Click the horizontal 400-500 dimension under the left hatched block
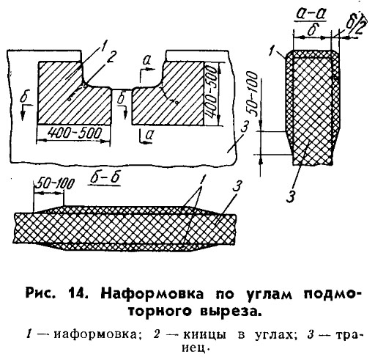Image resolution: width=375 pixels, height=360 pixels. click(x=74, y=133)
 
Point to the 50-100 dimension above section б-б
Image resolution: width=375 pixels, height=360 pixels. click(x=53, y=184)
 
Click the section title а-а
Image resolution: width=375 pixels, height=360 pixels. click(x=311, y=15)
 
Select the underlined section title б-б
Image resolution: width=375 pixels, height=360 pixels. click(x=105, y=178)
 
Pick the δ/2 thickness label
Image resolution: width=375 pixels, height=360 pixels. click(x=357, y=23)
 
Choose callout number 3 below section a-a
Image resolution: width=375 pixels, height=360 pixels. click(x=291, y=196)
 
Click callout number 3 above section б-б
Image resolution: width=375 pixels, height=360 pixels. click(x=237, y=187)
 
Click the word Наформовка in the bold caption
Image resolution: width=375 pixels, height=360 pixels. click(x=152, y=294)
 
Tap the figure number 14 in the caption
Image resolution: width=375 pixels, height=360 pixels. click(x=78, y=294)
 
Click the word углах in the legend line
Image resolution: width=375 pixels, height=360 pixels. click(x=275, y=335)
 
